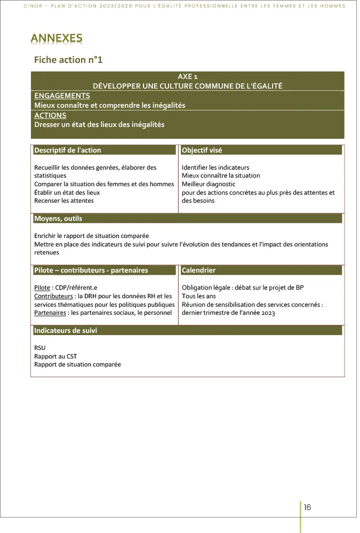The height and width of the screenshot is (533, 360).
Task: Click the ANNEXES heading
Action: (57, 38)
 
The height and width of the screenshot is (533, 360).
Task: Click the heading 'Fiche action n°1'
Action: (68, 60)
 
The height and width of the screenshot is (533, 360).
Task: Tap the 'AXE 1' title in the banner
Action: (188, 77)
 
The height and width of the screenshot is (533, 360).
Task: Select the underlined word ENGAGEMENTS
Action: (62, 96)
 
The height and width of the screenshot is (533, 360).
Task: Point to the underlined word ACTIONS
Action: (50, 115)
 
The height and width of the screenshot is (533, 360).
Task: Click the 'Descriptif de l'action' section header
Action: (68, 150)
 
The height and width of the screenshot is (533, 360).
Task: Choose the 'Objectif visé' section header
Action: (202, 150)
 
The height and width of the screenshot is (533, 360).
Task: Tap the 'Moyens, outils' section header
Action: (58, 219)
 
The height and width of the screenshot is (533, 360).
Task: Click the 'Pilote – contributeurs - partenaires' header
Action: (91, 271)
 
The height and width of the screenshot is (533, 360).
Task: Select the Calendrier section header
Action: (199, 271)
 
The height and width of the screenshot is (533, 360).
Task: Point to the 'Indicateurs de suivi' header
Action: (66, 331)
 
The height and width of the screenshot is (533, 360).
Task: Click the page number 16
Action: (308, 507)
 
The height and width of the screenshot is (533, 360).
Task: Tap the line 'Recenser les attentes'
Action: (64, 201)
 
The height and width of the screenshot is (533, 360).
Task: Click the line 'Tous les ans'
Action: (199, 296)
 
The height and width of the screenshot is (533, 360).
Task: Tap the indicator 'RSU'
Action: (40, 348)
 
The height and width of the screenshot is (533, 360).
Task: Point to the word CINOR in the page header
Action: (33, 6)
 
